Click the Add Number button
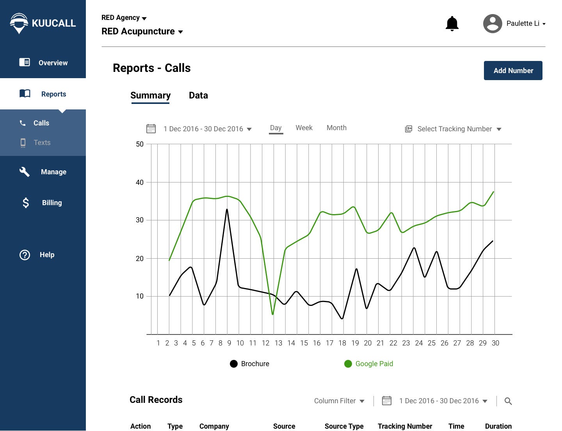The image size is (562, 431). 513,70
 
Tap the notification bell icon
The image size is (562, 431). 452,23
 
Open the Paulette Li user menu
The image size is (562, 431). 514,23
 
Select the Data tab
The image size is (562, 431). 198,95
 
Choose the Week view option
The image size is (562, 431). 304,128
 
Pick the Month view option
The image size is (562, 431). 336,128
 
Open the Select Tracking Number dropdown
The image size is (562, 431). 454,129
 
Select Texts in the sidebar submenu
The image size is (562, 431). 42,143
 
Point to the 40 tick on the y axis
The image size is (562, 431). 140,182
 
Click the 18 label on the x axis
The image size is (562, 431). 342,343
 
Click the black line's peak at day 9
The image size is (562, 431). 227,209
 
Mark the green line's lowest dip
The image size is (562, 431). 272,314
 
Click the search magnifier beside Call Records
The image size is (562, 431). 508,401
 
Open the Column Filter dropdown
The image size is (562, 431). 339,401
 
